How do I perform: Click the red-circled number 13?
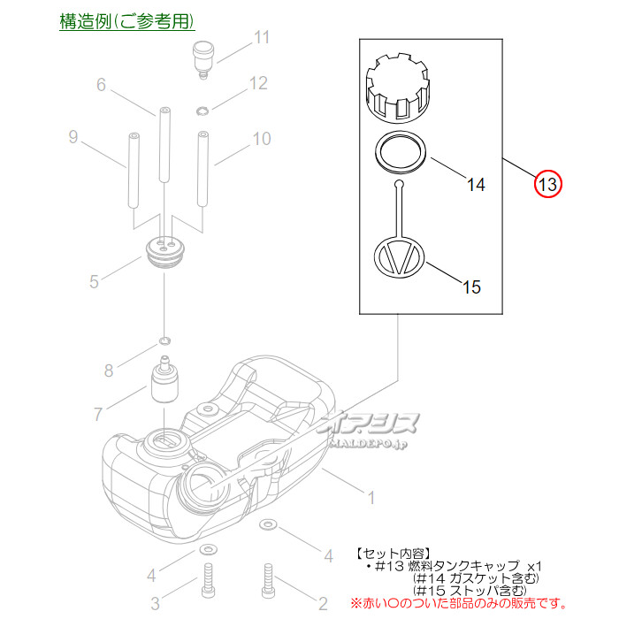548,184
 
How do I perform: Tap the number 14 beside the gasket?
476,184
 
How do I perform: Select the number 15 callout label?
471,287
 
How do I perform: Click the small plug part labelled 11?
203,59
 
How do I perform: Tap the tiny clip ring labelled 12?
203,111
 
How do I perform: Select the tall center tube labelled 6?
164,145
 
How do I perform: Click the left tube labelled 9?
134,171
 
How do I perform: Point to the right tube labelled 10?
203,169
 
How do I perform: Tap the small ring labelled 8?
164,340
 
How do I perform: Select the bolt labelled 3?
208,580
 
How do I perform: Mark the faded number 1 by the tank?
371,498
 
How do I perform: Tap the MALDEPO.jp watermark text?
368,444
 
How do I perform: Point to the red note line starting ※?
459,603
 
